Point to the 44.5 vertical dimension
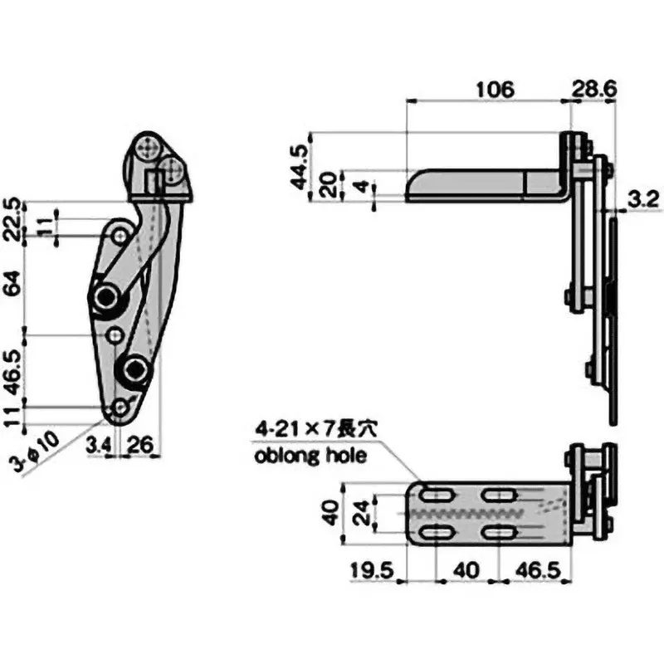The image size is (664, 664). point(299,166)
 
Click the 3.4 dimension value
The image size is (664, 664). point(99,447)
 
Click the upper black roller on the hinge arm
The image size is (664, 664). point(106,298)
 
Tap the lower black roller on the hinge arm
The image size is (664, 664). point(133,369)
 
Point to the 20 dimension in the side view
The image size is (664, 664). point(330,184)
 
